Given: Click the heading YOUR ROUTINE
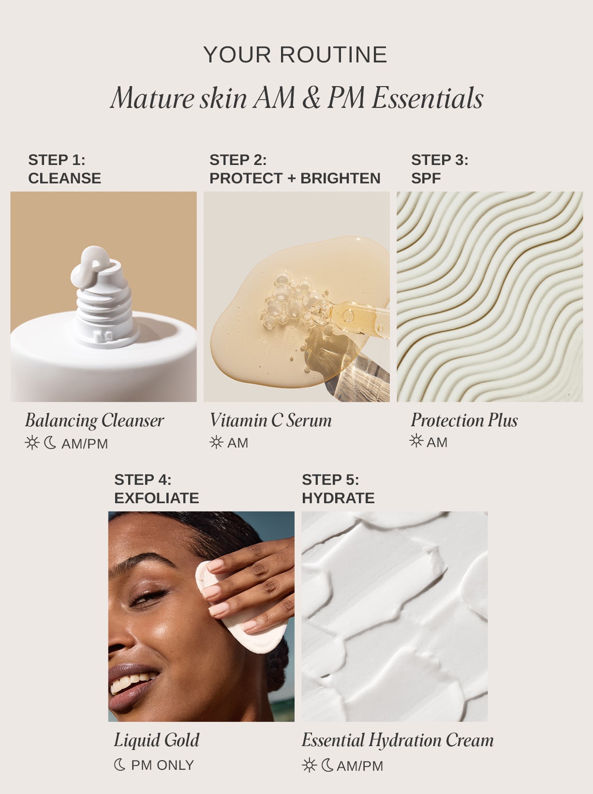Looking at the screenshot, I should (296, 55).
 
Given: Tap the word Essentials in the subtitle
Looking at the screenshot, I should (427, 98).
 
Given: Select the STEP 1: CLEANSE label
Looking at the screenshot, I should (64, 169).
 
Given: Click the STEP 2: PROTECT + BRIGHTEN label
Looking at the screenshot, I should (295, 169).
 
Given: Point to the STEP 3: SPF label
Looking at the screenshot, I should (439, 169).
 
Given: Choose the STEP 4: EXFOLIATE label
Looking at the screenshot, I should (156, 489).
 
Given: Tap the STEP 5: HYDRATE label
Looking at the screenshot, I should (338, 489).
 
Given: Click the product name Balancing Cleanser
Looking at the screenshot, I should (94, 420).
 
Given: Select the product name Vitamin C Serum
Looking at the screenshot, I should (270, 420).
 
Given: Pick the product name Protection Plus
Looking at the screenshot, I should (464, 420).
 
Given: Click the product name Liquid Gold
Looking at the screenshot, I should (156, 740).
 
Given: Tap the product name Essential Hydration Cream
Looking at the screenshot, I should (397, 740).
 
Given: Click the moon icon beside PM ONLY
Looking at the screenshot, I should (119, 765).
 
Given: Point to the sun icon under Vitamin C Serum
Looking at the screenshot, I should (216, 442).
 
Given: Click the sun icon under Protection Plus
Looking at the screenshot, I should (416, 441).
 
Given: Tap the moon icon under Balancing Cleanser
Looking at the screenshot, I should (50, 443).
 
